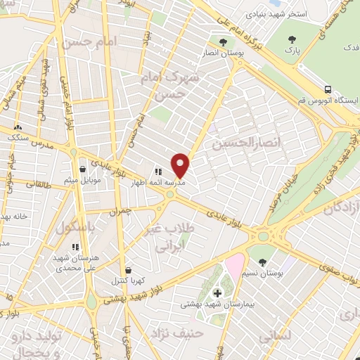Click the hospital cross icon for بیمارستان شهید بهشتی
[217, 292]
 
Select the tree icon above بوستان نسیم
[262, 262]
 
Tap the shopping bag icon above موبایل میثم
[83, 169]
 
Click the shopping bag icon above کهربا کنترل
[127, 269]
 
